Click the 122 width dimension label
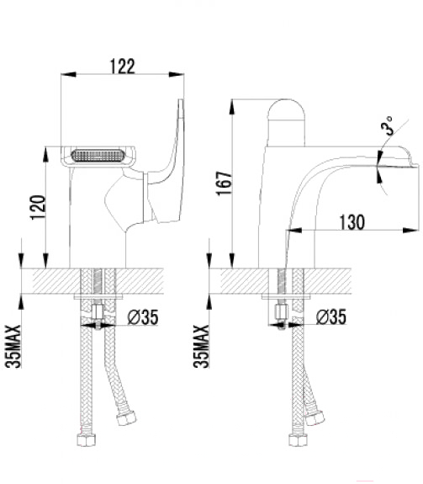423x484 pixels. click(123, 66)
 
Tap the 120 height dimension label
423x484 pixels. click(38, 207)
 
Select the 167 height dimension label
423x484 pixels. click(225, 183)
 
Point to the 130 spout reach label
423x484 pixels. click(352, 222)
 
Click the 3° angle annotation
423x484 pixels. click(387, 125)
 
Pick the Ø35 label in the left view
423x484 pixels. click(143, 317)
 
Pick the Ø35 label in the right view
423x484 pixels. click(331, 317)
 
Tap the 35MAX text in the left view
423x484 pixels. click(13, 346)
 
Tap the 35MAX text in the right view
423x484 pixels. click(201, 346)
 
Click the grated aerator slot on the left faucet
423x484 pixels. click(98, 155)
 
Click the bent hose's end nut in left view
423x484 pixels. click(126, 418)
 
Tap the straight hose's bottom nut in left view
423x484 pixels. click(86, 439)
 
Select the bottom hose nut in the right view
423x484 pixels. click(299, 439)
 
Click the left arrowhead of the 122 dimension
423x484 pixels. click(68, 74)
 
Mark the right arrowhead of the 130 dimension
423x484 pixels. click(411, 230)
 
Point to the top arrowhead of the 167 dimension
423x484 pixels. click(232, 107)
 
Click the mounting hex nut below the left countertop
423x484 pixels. click(98, 312)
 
